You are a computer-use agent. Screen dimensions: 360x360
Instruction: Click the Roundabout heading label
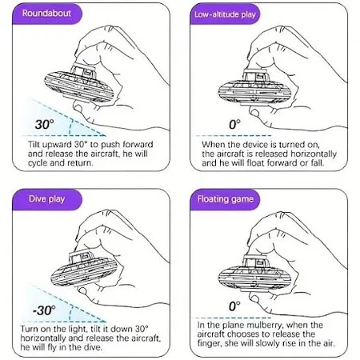click(x=46, y=14)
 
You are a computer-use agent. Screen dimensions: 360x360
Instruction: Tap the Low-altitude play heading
click(x=225, y=14)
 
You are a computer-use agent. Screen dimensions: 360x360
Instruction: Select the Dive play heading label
click(x=46, y=199)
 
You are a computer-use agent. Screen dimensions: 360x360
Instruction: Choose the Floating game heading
click(x=225, y=199)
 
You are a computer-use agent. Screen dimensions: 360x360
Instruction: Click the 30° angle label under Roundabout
click(x=44, y=124)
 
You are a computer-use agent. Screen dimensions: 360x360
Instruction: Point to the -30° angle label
click(x=44, y=310)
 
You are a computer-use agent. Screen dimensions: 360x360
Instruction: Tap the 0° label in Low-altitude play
click(x=234, y=124)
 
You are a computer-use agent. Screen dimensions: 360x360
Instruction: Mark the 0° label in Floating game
click(x=234, y=306)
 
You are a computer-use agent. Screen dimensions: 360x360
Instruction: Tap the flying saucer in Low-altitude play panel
click(x=254, y=87)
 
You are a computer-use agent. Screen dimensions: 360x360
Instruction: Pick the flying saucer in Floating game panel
click(x=254, y=273)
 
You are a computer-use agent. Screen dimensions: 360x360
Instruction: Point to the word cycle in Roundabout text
click(x=38, y=162)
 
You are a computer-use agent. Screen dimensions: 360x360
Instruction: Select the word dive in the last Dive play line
click(x=93, y=347)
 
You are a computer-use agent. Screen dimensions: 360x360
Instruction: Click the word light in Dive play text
click(x=78, y=329)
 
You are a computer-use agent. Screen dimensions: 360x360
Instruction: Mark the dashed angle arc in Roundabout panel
click(x=70, y=127)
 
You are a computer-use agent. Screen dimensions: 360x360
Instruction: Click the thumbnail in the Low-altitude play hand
click(x=254, y=111)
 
